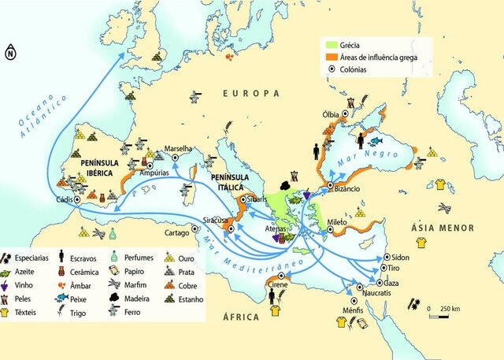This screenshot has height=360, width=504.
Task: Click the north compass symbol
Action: coord(9,54)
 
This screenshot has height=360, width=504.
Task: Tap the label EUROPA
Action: coord(251,93)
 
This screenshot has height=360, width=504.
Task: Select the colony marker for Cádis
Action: coord(77,199)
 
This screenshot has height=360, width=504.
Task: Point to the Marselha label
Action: coord(180,147)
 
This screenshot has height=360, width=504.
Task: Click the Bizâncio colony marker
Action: coord(330,186)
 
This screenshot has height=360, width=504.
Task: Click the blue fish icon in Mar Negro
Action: coord(378,141)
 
